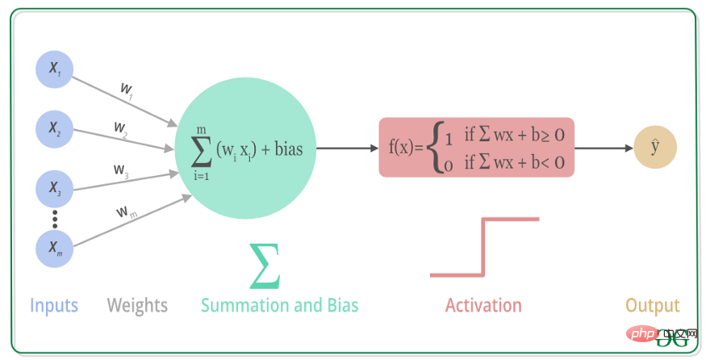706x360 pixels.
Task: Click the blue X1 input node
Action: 55,69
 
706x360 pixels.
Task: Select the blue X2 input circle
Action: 55,129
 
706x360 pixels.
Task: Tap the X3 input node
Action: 55,189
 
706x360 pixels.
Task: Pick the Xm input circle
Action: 55,249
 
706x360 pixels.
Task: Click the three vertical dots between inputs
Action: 55,219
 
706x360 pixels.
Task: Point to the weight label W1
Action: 127,90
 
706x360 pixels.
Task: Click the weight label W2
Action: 121,129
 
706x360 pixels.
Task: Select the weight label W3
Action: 121,171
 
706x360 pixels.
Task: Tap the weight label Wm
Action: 127,211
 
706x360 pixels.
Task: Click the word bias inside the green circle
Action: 289,149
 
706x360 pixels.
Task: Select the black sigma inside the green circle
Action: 201,150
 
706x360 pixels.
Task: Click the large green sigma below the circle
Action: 265,266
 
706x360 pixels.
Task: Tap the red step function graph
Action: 483,247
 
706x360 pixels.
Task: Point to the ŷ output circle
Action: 655,148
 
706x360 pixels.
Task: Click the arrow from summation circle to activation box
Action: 347,148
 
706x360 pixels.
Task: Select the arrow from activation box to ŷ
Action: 604,148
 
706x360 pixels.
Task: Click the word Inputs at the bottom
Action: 54,306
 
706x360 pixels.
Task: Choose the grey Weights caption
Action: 137,306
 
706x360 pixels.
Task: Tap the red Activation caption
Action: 483,305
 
